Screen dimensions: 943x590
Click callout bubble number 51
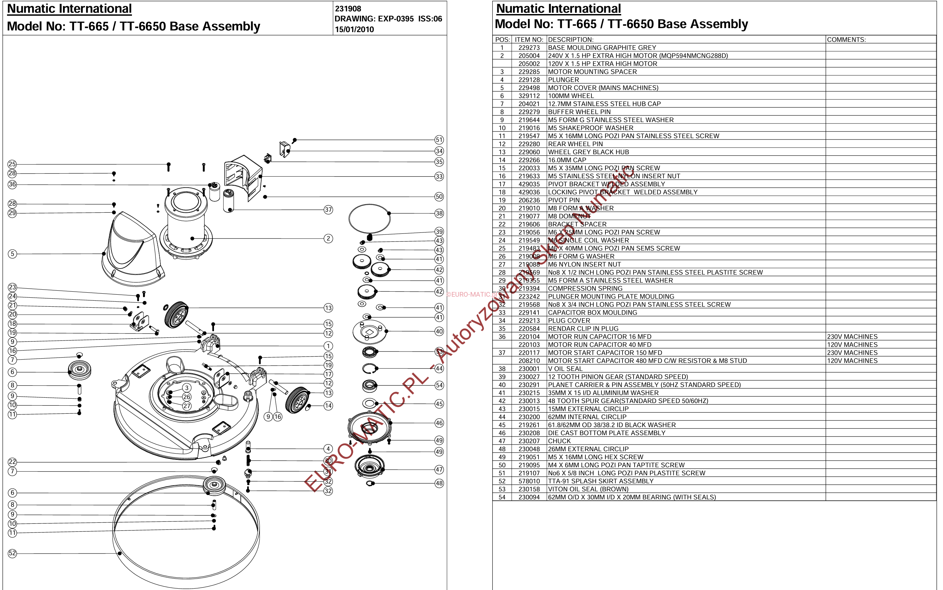click(x=439, y=140)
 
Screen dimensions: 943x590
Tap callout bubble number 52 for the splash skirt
click(x=12, y=553)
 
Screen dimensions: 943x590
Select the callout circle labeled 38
click(x=439, y=213)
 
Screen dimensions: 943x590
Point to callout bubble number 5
click(x=12, y=254)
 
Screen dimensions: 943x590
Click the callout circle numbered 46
click(x=439, y=423)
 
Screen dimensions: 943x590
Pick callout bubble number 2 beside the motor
click(x=328, y=238)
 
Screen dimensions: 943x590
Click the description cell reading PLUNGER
click(x=563, y=80)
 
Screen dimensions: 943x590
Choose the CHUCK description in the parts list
click(x=559, y=441)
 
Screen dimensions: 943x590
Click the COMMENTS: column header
click(x=846, y=39)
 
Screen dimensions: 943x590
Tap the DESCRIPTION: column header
click(x=570, y=39)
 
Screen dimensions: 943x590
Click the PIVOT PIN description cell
click(x=564, y=200)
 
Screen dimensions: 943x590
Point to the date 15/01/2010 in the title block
click(x=354, y=29)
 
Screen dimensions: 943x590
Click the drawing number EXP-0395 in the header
click(x=396, y=19)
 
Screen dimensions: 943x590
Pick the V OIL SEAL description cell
click(x=565, y=369)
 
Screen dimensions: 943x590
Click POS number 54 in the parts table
click(x=502, y=497)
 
